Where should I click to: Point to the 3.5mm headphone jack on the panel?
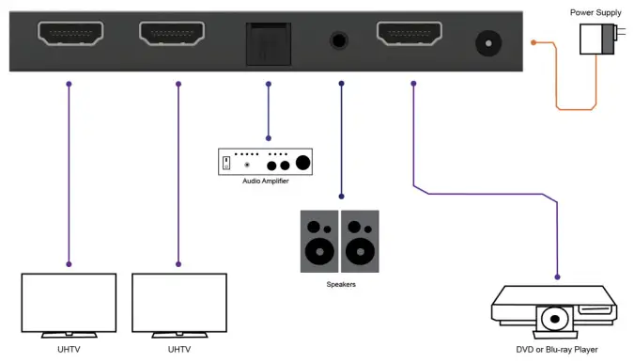(x=340, y=41)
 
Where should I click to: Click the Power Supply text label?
(x=595, y=12)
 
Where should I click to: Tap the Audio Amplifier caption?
(x=265, y=181)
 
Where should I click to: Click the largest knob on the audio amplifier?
(x=303, y=161)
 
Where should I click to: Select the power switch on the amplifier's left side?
(x=225, y=163)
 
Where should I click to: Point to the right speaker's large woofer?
(x=359, y=252)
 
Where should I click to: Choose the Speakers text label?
(x=340, y=283)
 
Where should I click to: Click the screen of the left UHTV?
(x=70, y=302)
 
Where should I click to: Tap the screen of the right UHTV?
(x=178, y=302)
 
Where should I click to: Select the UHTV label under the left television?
(x=70, y=349)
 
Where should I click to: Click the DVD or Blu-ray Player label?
(x=558, y=349)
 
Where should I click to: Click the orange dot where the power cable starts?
(x=533, y=43)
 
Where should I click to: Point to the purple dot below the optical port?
(x=268, y=85)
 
